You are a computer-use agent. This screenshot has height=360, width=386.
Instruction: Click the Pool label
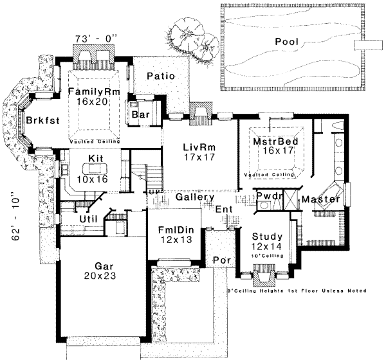[288, 41]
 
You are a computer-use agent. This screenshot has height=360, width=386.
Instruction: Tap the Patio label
[160, 76]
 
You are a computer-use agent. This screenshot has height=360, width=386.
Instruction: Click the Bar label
[140, 114]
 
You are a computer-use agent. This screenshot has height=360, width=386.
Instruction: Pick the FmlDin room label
[172, 230]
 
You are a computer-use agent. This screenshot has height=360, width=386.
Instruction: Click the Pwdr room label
[266, 195]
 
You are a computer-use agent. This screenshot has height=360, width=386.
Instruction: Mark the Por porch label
[221, 261]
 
